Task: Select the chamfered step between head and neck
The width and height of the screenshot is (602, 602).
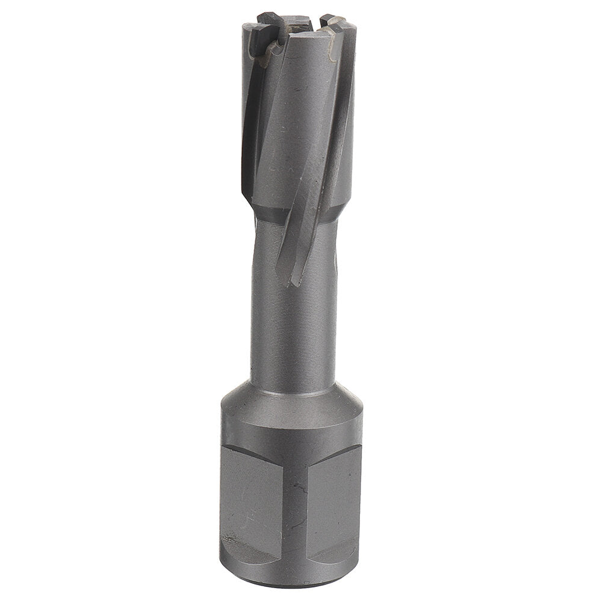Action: coord(268,208)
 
